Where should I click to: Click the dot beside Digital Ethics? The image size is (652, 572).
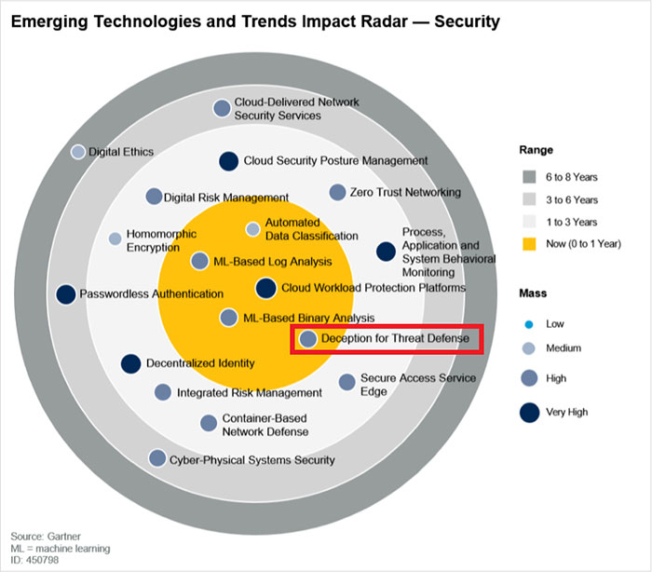[78, 152]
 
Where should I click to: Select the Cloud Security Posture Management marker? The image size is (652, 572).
[228, 161]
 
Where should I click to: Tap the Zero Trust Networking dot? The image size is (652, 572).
[337, 192]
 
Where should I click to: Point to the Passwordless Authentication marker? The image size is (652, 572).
[65, 294]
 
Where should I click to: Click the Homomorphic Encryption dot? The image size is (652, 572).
[115, 238]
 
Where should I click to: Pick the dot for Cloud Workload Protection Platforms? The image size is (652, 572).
[265, 288]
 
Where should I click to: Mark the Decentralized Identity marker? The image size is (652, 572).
[130, 364]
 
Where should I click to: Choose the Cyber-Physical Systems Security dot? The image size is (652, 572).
[157, 458]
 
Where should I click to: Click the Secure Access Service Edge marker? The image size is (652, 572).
[346, 381]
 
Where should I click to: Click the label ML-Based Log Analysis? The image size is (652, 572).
[260, 261]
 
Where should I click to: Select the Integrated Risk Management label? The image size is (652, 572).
[249, 393]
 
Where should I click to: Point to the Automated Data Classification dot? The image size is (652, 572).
[252, 228]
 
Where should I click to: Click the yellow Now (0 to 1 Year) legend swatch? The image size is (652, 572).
[530, 245]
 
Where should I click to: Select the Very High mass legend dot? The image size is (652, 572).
[529, 411]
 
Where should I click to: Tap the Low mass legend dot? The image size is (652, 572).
[529, 324]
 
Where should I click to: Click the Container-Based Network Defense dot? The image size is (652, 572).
[209, 423]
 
